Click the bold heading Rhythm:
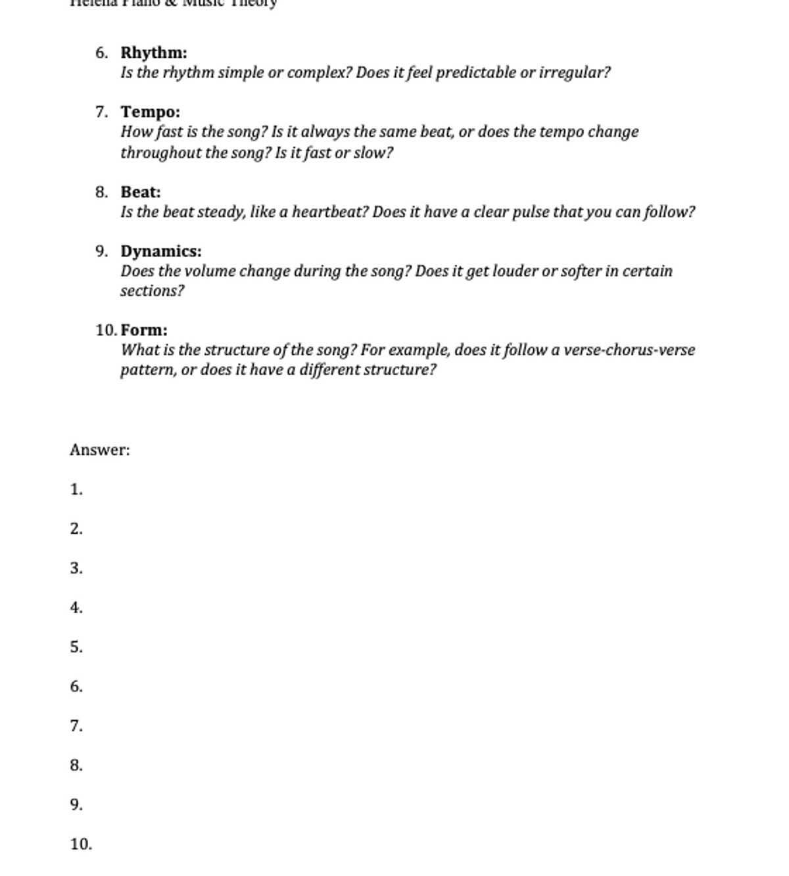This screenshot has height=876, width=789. coord(154,53)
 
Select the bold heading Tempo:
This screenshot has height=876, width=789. coord(150,112)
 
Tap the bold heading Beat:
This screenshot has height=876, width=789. coord(141,192)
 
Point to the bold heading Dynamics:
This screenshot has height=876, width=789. coord(161,251)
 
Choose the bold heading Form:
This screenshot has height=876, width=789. coord(144,330)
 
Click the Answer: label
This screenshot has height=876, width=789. coord(100,450)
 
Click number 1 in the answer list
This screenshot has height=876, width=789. coord(76,490)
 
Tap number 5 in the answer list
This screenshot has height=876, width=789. coord(76,647)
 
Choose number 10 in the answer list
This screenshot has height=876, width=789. coord(82,844)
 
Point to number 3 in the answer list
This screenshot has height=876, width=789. coord(76,568)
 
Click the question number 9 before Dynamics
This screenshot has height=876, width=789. coord(101,251)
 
